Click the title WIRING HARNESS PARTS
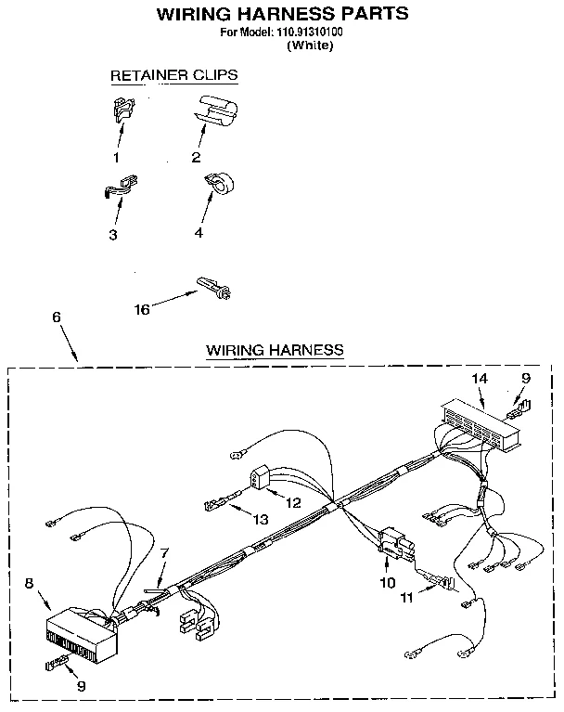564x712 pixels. point(281,14)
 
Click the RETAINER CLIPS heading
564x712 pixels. point(173,74)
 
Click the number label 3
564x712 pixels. point(112,235)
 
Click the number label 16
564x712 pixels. point(142,310)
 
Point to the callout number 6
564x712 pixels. point(57,317)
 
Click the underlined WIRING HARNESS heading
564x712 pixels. point(275,350)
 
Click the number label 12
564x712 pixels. point(293,502)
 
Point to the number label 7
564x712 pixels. point(164,554)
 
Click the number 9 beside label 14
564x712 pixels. point(525,379)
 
